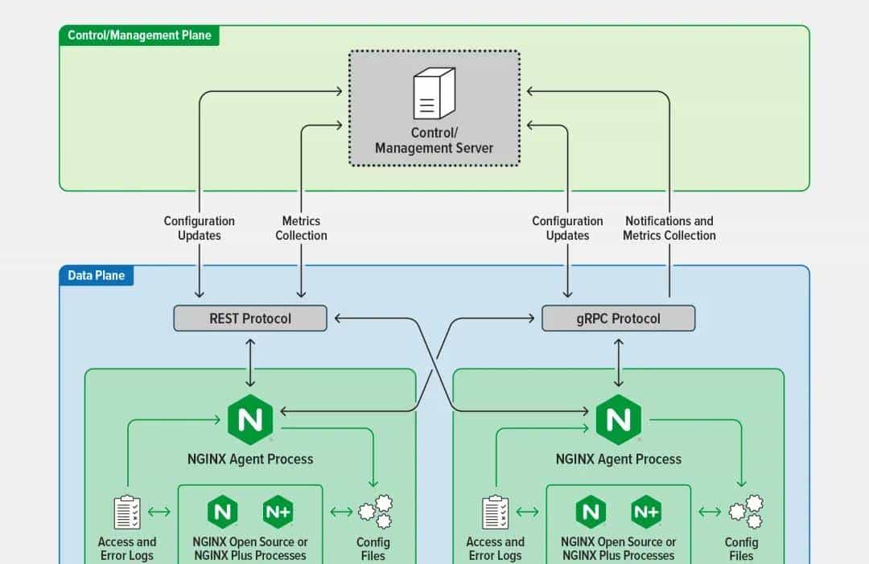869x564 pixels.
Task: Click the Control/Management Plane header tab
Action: [x=139, y=35]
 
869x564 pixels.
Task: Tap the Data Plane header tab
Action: [x=96, y=276]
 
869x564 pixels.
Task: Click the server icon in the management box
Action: [x=434, y=94]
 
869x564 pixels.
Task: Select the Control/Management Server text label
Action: [x=434, y=141]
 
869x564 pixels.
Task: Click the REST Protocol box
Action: [x=250, y=319]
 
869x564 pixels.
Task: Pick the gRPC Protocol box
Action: [x=618, y=319]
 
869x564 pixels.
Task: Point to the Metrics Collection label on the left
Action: [x=301, y=228]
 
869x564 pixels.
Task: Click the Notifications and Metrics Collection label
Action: [x=669, y=228]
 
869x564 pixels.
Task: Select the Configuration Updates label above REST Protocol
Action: [x=200, y=228]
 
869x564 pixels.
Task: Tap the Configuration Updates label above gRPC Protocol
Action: [x=567, y=228]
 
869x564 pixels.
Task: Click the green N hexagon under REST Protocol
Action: [x=250, y=420]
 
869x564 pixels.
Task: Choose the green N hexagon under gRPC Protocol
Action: [x=618, y=420]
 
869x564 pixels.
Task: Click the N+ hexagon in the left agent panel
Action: [x=278, y=512]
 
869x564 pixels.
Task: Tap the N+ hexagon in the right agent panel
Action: [x=646, y=512]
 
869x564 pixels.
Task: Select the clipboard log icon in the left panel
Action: [x=127, y=513]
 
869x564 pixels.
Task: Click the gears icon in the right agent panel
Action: [x=745, y=512]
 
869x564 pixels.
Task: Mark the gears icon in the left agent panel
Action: [x=375, y=512]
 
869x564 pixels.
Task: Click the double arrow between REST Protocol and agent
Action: [x=250, y=362]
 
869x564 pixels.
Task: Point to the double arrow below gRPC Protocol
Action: [x=618, y=362]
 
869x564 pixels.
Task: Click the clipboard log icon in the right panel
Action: [x=495, y=513]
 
